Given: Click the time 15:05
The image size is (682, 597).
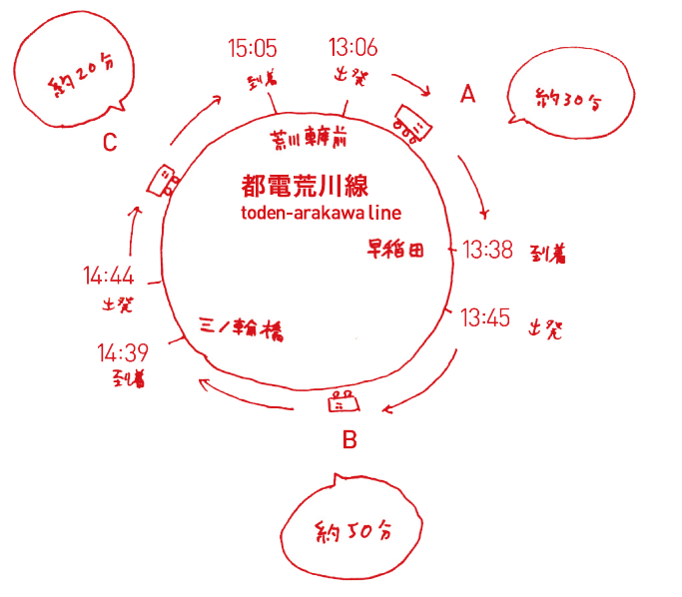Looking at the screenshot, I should click(252, 47).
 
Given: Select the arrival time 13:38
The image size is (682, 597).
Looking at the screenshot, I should click(487, 250).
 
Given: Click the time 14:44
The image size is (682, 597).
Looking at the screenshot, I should click(108, 276).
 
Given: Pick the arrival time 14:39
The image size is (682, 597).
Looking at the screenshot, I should click(123, 352).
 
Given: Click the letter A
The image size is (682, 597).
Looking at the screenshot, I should click(467, 95).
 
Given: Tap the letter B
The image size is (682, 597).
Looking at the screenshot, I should click(349, 440).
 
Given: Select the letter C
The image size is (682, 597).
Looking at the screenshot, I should click(110, 144).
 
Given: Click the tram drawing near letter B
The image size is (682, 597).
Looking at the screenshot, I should click(344, 403).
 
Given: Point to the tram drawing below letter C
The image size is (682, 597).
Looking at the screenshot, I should click(163, 181).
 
